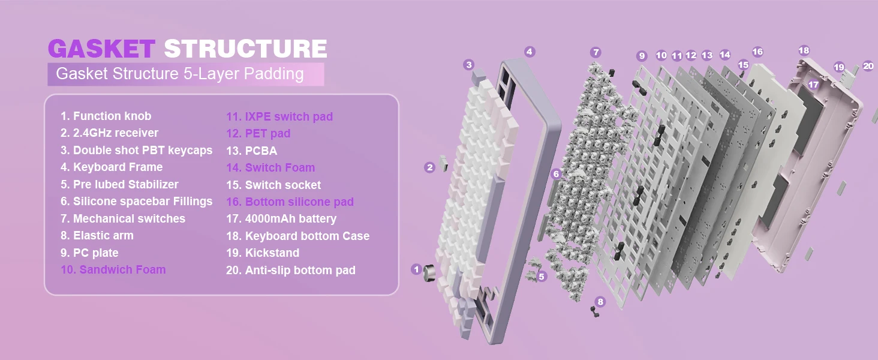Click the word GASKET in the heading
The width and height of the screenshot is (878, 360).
[x=101, y=49]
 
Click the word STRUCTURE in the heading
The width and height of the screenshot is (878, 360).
[x=245, y=49]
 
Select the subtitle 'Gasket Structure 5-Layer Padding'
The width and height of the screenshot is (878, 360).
[x=179, y=74]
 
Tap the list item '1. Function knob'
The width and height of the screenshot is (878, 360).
[x=106, y=116]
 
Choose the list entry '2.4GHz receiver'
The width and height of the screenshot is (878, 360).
[x=109, y=133]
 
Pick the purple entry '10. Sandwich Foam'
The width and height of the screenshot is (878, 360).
[x=113, y=269]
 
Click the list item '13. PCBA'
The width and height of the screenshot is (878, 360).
[x=251, y=151]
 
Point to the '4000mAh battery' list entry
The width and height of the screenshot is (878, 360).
[x=281, y=218]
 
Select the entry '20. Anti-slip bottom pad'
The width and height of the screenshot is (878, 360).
[x=290, y=270]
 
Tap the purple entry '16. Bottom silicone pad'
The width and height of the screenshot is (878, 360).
[x=290, y=202]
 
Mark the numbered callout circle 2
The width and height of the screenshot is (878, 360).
[x=429, y=167]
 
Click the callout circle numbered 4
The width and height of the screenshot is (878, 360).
[x=529, y=52]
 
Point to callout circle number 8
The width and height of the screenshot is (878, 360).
[x=600, y=302]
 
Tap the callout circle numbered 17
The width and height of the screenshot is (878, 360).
[x=813, y=85]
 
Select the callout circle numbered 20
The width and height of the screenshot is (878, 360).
[x=868, y=66]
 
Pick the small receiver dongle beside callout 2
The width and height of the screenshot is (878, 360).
[x=444, y=162]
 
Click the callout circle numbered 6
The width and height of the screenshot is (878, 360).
[x=557, y=174]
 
